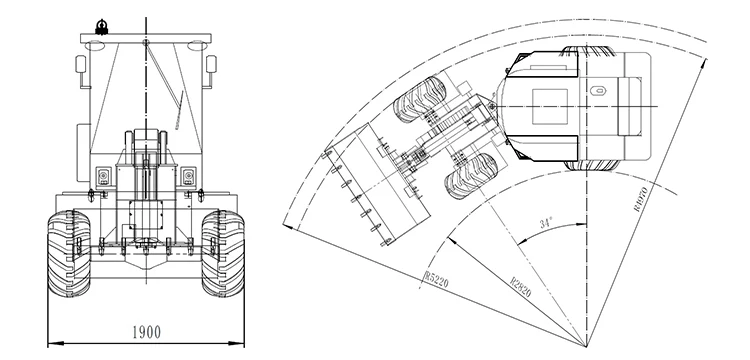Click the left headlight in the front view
(101, 176)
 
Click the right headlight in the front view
(187, 176)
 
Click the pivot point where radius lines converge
(587, 344)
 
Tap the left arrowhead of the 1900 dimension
(51, 342)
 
